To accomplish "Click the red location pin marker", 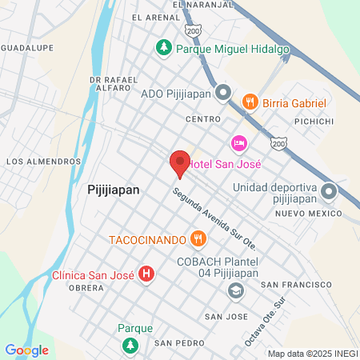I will click(179, 164).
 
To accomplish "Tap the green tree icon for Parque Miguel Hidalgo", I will click(164, 48).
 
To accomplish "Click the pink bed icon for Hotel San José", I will click(238, 142).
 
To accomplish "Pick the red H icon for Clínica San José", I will click(146, 274).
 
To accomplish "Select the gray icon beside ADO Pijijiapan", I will click(223, 93).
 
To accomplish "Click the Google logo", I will click(26, 350).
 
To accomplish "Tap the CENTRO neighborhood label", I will click(202, 119).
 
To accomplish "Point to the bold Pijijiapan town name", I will click(113, 190).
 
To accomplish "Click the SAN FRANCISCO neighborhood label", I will click(296, 285).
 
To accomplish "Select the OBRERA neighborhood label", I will click(87, 287).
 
